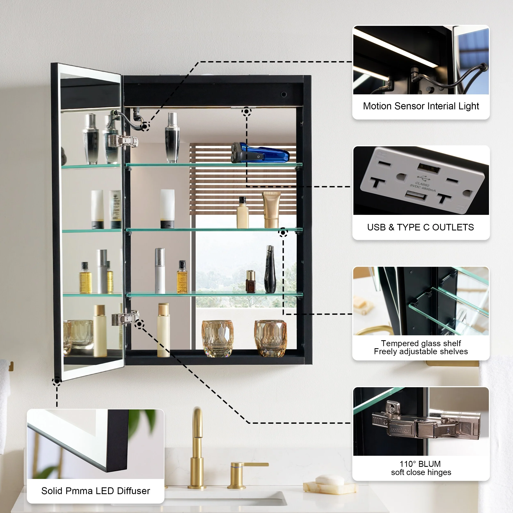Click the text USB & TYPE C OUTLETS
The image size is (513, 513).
click(x=420, y=227)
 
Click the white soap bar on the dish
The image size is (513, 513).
click(x=329, y=480)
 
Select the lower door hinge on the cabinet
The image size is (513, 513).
click(x=125, y=318)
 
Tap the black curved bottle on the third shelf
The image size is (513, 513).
click(x=270, y=269)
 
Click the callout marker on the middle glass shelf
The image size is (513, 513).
click(x=283, y=233)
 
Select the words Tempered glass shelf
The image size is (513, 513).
click(x=421, y=343)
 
